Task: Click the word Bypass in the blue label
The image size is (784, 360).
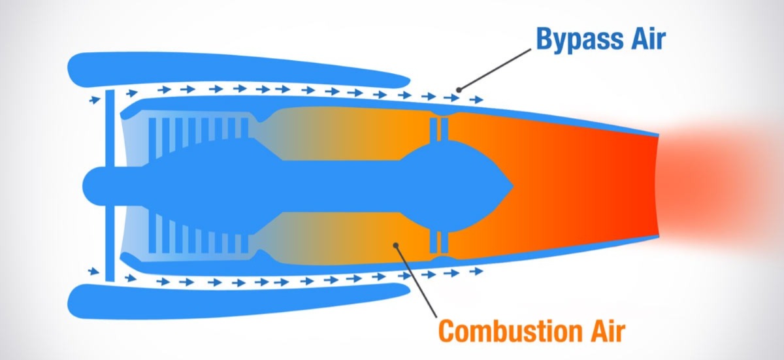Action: pos(580,40)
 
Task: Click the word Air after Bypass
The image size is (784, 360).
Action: pos(648,39)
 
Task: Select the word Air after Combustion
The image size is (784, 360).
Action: pos(608,331)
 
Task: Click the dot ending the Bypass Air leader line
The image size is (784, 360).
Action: pos(459,90)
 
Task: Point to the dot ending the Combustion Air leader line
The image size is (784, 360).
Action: pos(396,245)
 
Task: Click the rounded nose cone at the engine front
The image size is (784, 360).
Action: pos(94,186)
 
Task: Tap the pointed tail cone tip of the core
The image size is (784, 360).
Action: pos(513,186)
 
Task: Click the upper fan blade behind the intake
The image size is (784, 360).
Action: pos(110,128)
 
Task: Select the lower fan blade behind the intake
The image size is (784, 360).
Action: pos(110,243)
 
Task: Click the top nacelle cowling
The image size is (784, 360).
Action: pos(238,70)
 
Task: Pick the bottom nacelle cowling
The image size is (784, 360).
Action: pos(238,301)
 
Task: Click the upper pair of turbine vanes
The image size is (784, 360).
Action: pos(439,129)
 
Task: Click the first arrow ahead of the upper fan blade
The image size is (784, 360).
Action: pos(95,100)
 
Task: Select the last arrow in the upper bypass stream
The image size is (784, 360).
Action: pos(476,100)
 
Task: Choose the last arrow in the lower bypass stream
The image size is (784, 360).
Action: pos(476,270)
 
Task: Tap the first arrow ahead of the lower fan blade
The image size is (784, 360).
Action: pos(95,271)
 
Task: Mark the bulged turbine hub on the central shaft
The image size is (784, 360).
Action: pos(451,186)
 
